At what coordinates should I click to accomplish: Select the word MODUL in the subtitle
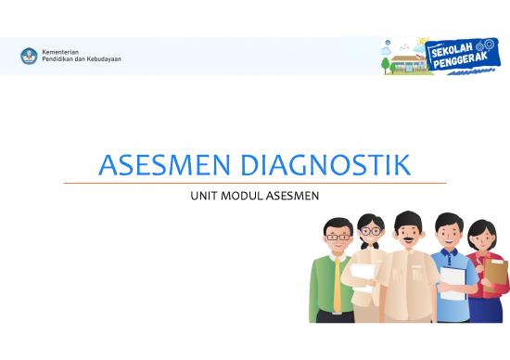(x=240, y=195)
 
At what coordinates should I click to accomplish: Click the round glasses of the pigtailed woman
(x=369, y=230)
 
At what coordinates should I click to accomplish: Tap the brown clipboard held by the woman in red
(x=495, y=274)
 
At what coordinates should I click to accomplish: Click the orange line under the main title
(x=254, y=184)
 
